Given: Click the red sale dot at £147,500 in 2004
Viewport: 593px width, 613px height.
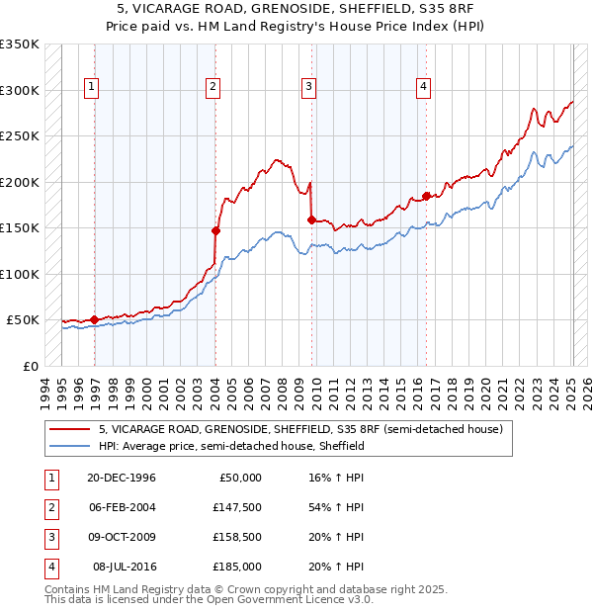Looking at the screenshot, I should (x=215, y=230).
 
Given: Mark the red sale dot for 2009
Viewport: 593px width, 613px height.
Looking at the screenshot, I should (x=311, y=220).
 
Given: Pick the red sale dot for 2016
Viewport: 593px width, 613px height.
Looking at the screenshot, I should (x=426, y=196).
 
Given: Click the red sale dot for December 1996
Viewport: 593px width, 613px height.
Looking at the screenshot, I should (x=95, y=319).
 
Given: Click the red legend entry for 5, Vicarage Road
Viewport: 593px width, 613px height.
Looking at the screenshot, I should (x=300, y=429).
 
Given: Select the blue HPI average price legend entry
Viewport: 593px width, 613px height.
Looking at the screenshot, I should (x=231, y=446).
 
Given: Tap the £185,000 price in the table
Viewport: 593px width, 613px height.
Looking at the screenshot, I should (x=237, y=567).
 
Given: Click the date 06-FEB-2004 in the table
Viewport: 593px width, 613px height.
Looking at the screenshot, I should (x=122, y=507).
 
